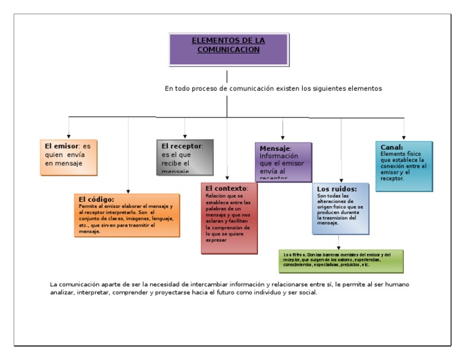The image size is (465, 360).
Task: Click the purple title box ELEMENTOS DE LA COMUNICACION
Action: click(228, 49)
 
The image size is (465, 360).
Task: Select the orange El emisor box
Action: click(68, 158)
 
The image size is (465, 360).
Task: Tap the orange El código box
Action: click(128, 215)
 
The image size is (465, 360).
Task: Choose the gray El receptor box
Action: click(185, 157)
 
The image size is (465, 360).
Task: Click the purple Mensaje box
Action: click(283, 161)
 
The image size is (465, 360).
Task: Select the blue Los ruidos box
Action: click(341, 208)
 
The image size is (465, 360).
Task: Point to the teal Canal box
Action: click(404, 166)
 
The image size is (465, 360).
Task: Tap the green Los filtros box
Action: click(341, 261)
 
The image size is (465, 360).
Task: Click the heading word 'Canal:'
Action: click(392, 147)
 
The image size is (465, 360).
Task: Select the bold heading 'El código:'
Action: click(96, 199)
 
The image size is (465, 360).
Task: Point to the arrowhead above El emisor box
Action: click(68, 136)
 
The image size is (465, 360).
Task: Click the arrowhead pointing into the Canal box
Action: click(404, 138)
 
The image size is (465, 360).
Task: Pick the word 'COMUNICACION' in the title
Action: click(228, 50)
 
